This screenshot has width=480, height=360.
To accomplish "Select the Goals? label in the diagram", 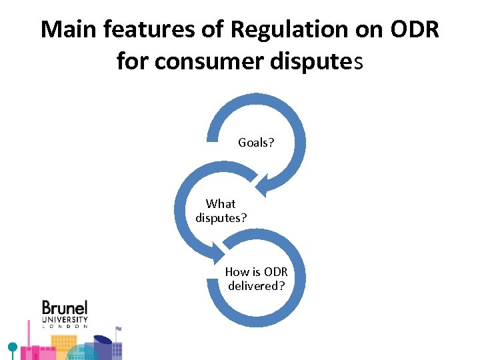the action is pyautogui.click(x=256, y=143).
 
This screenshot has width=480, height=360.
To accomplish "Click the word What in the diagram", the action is pyautogui.click(x=221, y=203).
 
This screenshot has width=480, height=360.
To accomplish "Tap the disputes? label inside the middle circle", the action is pyautogui.click(x=221, y=217).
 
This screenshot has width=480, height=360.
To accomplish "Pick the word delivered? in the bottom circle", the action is pyautogui.click(x=257, y=285).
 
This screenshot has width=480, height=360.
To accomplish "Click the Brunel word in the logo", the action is pyautogui.click(x=65, y=308).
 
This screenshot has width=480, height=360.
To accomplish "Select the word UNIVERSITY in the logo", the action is pyautogui.click(x=65, y=319).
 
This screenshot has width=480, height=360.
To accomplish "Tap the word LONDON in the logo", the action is pyautogui.click(x=65, y=327).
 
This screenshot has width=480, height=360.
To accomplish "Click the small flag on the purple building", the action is pyautogui.click(x=119, y=328).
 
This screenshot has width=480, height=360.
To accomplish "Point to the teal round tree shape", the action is pyautogui.click(x=11, y=347).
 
